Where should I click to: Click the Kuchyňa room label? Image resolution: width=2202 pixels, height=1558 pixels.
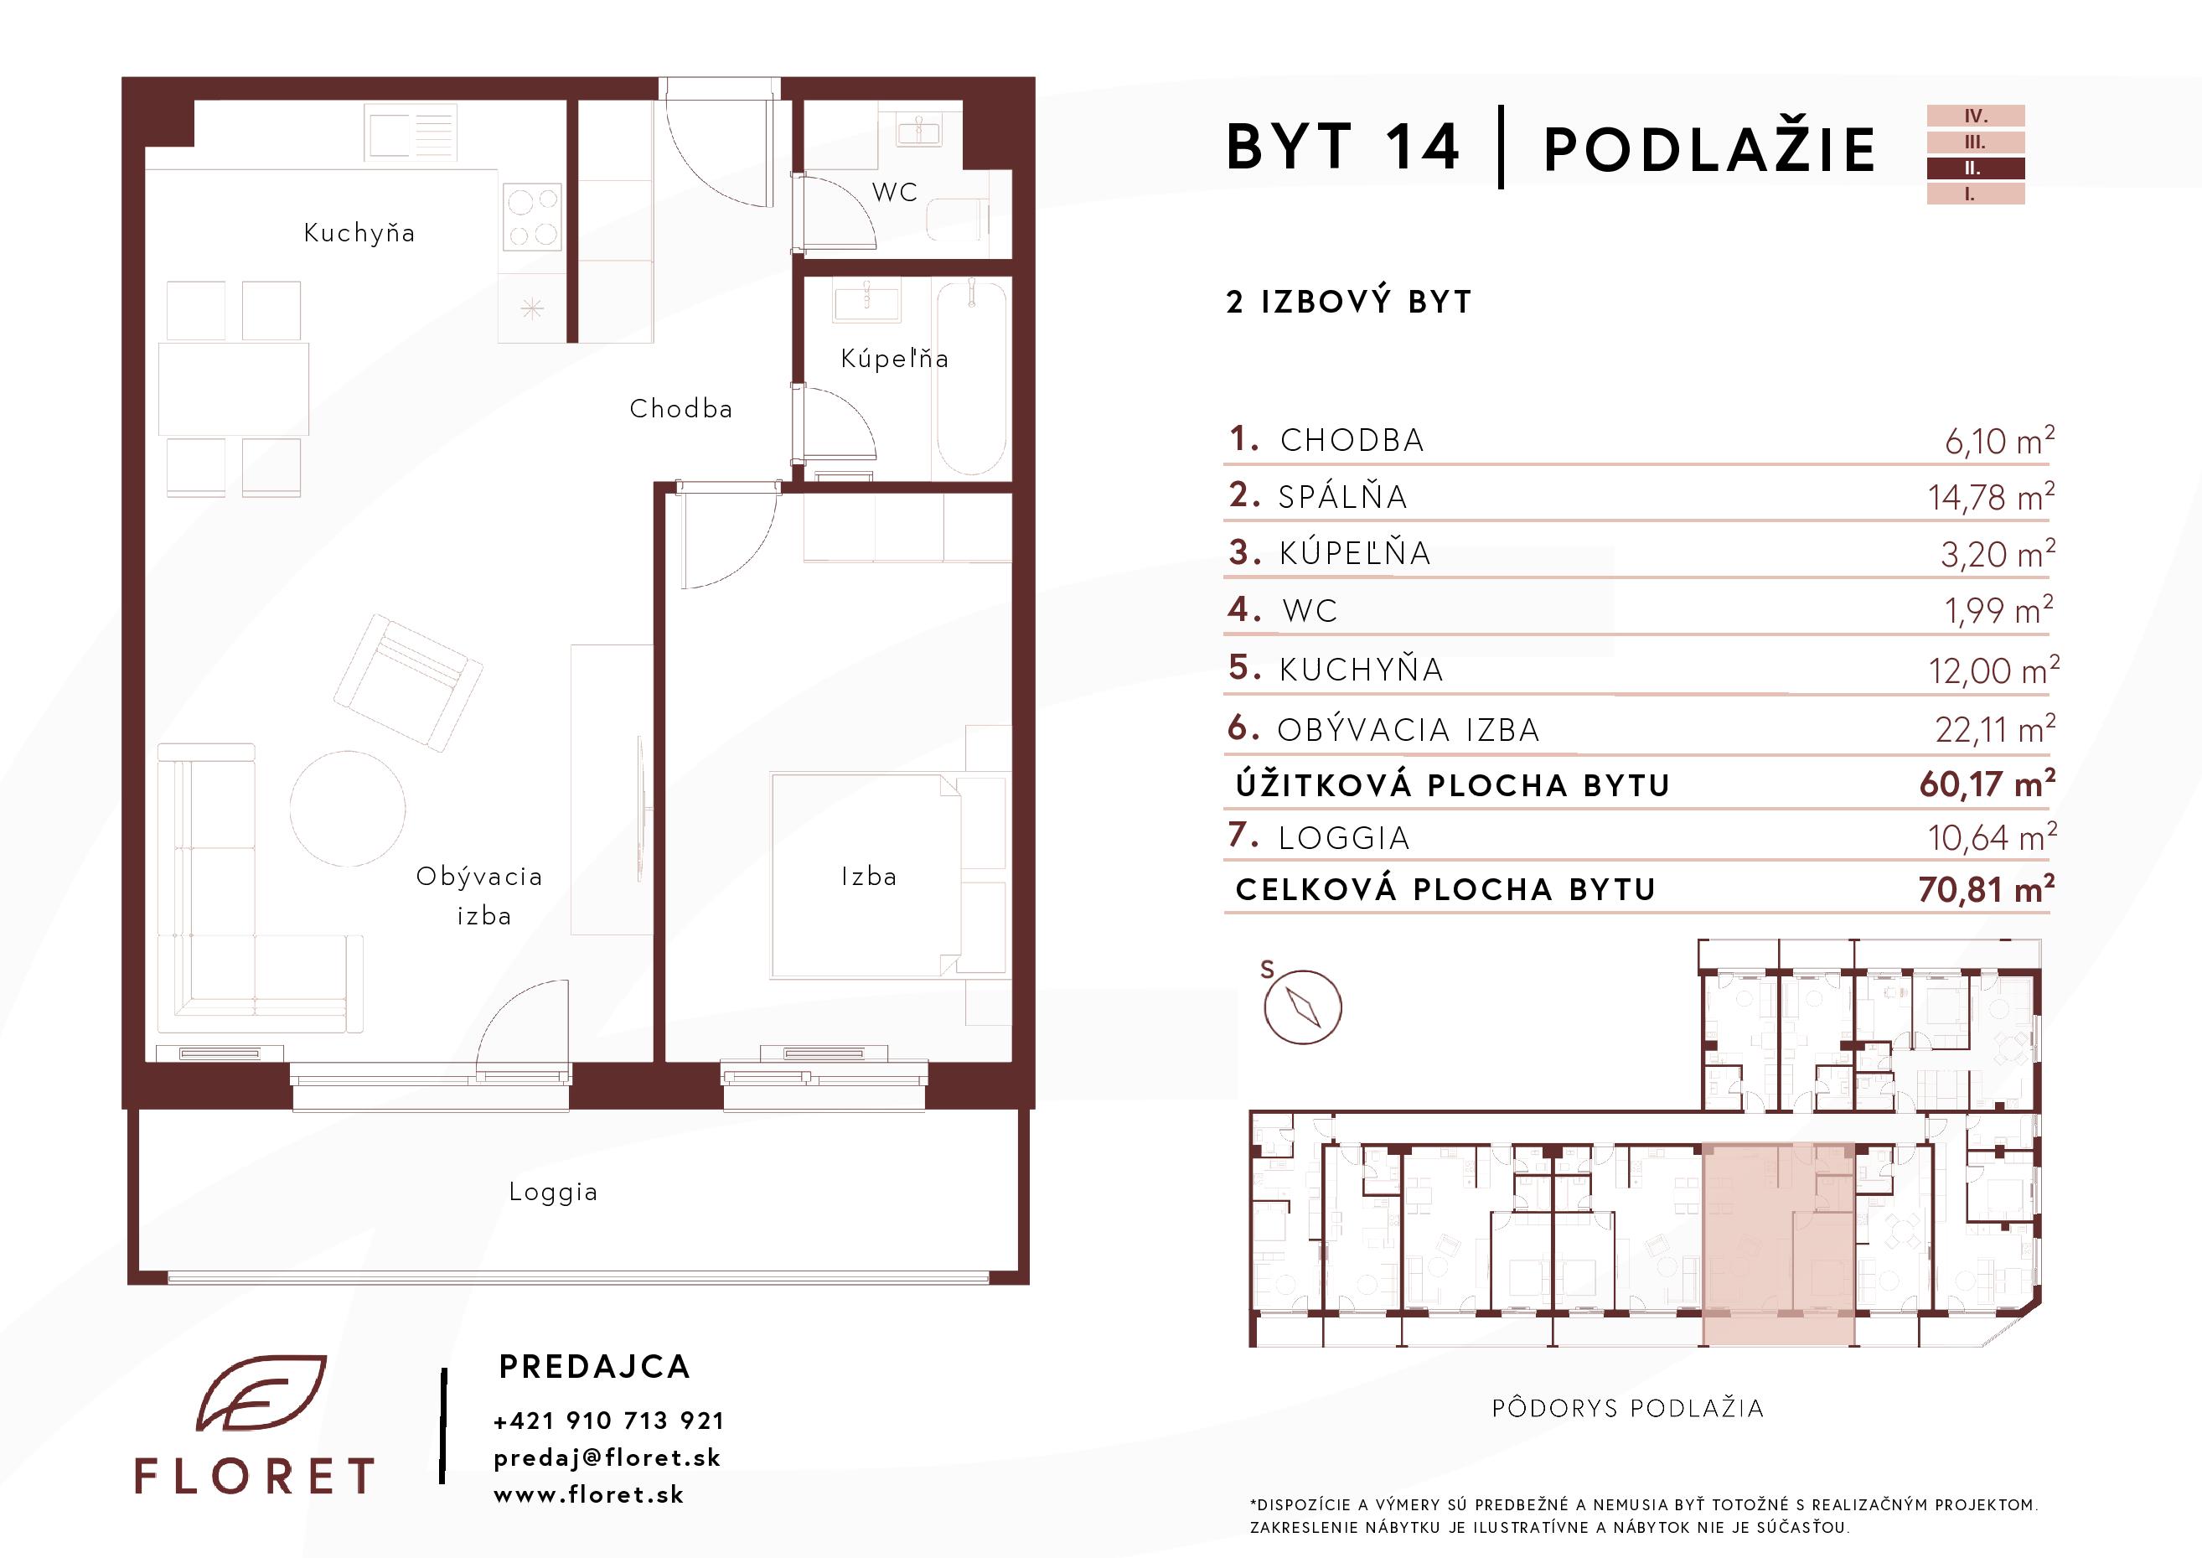[x=359, y=233]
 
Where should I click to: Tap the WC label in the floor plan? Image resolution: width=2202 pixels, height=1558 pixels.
[x=895, y=192]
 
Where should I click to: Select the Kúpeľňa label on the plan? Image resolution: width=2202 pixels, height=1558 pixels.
[x=895, y=359]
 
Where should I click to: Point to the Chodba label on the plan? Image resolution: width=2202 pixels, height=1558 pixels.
[x=681, y=409]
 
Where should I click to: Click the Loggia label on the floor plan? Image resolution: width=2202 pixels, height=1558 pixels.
[x=553, y=1193]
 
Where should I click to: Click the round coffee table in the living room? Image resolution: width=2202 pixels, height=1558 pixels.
[x=347, y=809]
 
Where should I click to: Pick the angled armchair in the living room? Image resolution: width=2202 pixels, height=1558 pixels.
[x=407, y=682]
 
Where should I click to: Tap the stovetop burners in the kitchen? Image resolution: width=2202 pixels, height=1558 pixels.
[x=532, y=218]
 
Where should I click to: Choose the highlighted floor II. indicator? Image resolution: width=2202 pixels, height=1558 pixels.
[x=1976, y=168]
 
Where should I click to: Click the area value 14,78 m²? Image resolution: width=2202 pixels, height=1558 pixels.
[x=1992, y=497]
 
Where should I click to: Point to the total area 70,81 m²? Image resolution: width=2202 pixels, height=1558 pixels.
[x=1986, y=889]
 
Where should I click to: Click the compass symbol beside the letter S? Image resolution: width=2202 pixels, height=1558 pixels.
[x=1302, y=1007]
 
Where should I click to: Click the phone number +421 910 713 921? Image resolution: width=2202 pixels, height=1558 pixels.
[x=609, y=1421]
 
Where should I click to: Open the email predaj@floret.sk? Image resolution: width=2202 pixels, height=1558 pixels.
[x=607, y=1458]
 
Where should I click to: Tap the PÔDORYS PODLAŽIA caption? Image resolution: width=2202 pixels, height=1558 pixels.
[x=1627, y=1408]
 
